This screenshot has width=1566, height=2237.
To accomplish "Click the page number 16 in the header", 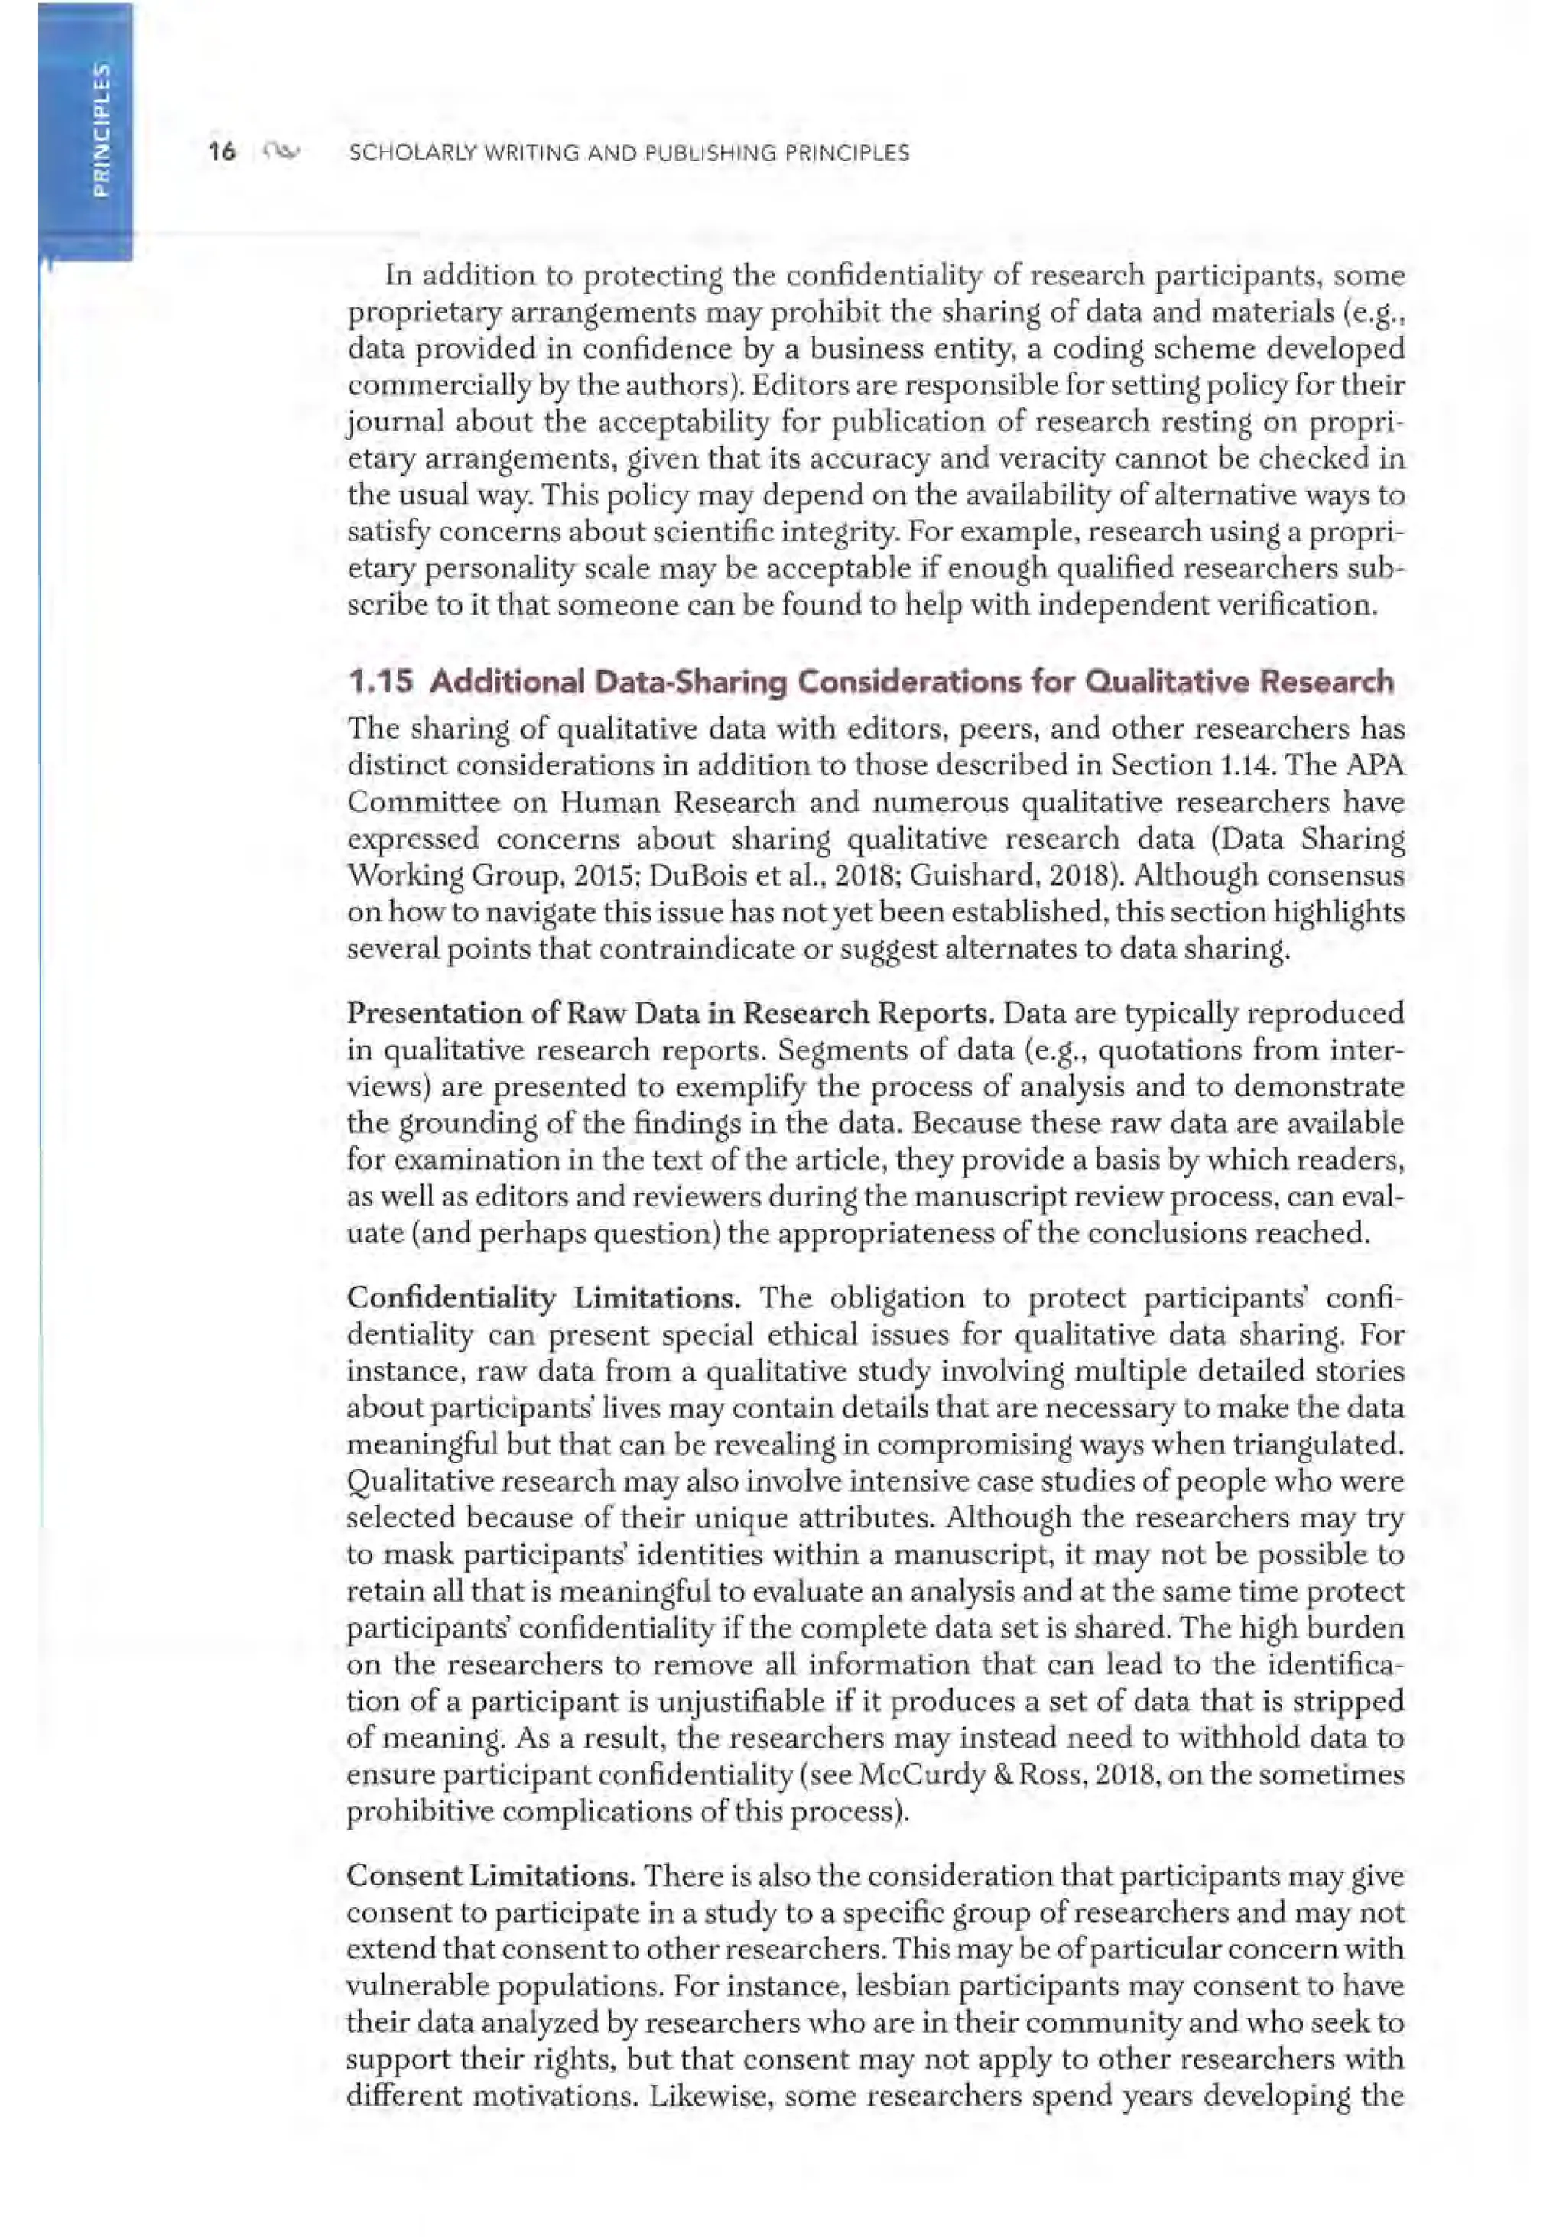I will click(x=223, y=152).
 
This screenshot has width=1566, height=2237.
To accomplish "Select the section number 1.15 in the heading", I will click(x=380, y=682).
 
